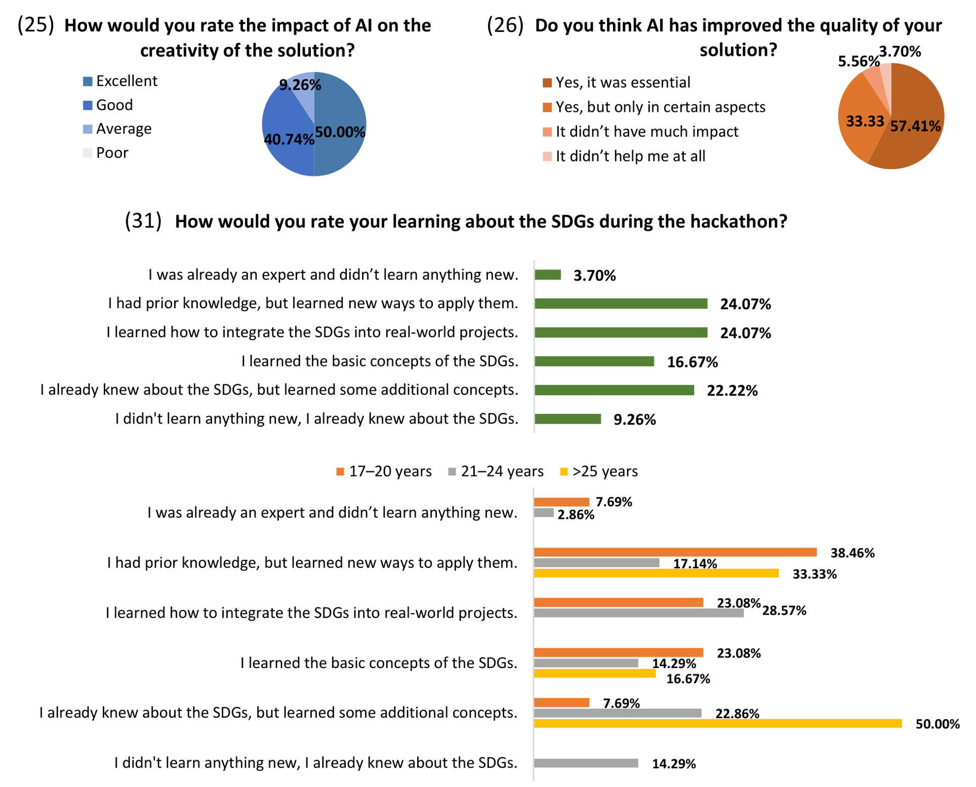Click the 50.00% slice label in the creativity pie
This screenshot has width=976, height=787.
pyautogui.click(x=340, y=132)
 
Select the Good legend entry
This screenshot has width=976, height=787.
pyautogui.click(x=108, y=105)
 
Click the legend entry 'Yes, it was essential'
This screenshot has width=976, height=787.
pyautogui.click(x=616, y=82)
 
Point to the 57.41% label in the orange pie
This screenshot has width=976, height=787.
pyautogui.click(x=915, y=126)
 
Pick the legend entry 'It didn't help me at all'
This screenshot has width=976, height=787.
pyautogui.click(x=624, y=156)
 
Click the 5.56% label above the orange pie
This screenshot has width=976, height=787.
pyautogui.click(x=859, y=62)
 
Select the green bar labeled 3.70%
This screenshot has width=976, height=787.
pyautogui.click(x=548, y=275)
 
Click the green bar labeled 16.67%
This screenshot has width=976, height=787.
pyautogui.click(x=594, y=361)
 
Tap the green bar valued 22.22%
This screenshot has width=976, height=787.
pyautogui.click(x=614, y=390)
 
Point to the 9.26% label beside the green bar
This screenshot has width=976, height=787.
pyautogui.click(x=634, y=420)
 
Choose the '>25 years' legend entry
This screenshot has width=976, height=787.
pyautogui.click(x=598, y=472)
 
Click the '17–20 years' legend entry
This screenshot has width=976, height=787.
pyautogui.click(x=384, y=472)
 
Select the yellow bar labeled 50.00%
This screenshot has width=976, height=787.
pyautogui.click(x=718, y=724)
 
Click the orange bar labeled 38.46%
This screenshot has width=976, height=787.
pyautogui.click(x=675, y=552)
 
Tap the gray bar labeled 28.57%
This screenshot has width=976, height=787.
pyautogui.click(x=639, y=613)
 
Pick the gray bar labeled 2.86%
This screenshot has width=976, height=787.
pyautogui.click(x=544, y=513)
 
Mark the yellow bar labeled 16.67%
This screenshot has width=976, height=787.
pyautogui.click(x=595, y=674)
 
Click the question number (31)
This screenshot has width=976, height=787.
pyautogui.click(x=143, y=221)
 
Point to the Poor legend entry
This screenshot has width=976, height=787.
pyautogui.click(x=106, y=153)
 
